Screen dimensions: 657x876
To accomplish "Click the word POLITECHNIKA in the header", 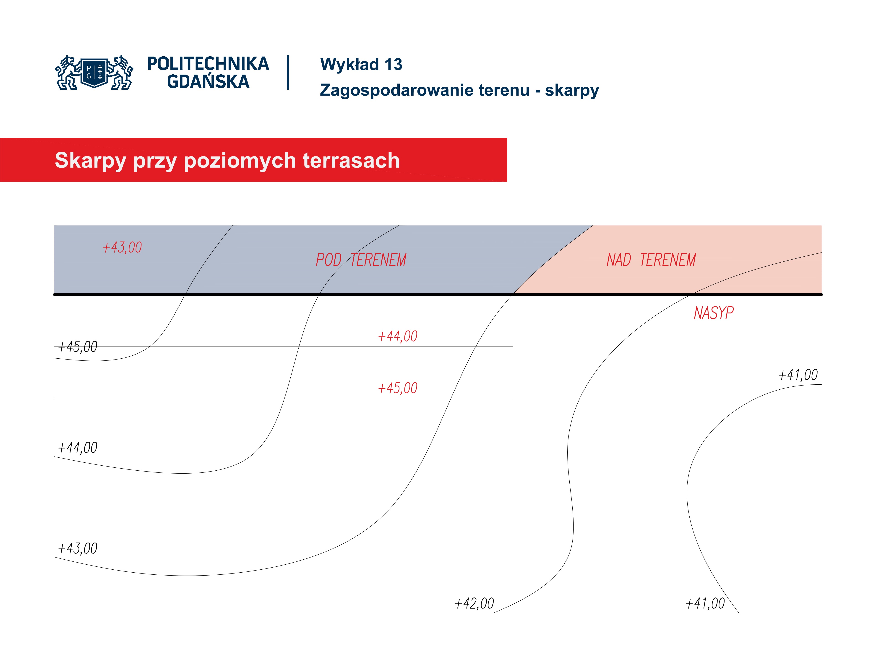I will click(x=208, y=64).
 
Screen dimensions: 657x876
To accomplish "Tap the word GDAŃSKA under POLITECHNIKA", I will click(x=208, y=82).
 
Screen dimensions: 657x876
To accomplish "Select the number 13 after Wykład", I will click(x=393, y=65).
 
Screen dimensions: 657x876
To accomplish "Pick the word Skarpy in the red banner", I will click(x=90, y=161).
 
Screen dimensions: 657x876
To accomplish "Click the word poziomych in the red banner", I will click(x=240, y=161).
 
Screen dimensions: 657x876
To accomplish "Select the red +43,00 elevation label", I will click(x=122, y=248).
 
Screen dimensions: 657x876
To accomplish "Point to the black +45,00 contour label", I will click(x=78, y=347).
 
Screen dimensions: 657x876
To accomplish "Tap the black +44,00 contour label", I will click(x=78, y=448).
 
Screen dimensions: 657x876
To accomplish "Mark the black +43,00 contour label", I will click(x=78, y=548).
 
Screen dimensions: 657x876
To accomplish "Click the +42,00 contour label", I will click(x=474, y=604).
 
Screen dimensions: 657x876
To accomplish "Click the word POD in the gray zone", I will click(x=328, y=260).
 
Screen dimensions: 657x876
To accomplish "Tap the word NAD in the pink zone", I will click(x=619, y=260).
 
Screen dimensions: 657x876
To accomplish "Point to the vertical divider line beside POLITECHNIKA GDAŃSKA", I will click(x=288, y=73).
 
